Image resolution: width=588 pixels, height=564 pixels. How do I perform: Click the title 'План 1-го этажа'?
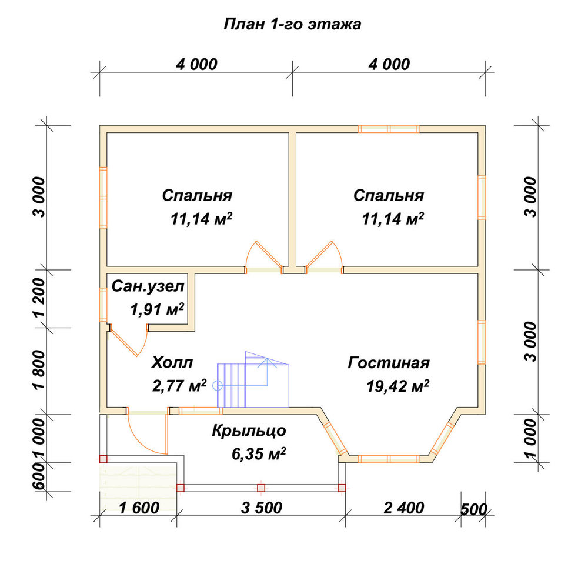point(292,24)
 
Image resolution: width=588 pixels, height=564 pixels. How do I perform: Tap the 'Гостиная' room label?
point(389,363)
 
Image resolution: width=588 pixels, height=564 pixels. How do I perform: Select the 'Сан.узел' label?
point(148,286)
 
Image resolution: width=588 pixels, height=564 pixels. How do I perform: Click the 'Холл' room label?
point(172,363)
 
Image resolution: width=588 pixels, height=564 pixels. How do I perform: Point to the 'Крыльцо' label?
point(249,431)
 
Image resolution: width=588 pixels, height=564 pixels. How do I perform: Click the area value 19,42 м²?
point(398,386)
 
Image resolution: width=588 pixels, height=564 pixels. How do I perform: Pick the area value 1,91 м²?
point(157,310)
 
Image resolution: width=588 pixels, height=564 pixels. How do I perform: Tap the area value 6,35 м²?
point(259,454)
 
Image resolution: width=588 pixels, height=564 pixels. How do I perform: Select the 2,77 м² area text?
point(179,385)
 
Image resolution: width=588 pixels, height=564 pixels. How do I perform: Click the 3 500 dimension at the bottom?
point(262,508)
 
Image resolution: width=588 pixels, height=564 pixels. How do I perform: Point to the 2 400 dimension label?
point(404,508)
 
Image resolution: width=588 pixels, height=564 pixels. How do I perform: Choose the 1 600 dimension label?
point(139,508)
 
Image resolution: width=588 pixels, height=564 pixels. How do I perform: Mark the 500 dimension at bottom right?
point(473,510)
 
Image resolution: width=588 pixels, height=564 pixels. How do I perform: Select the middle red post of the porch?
point(261,488)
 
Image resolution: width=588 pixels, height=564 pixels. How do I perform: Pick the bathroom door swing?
point(128,340)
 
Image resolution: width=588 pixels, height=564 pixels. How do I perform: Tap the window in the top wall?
point(389,129)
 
